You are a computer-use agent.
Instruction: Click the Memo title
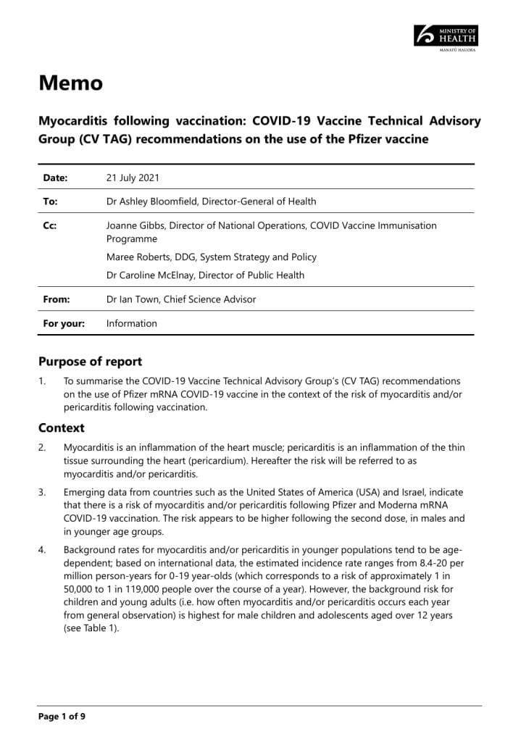70,83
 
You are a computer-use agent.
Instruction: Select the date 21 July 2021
133,178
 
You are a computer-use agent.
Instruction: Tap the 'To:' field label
51,201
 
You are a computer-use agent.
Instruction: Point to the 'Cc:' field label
50,225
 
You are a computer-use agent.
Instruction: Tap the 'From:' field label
56,299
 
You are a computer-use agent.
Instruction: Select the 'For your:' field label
64,323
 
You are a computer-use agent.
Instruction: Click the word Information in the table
131,323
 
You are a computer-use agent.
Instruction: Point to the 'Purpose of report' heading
90,362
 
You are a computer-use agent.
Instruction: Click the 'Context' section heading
62,428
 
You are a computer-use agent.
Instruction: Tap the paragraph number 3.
42,493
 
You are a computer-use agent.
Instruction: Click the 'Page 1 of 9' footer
62,717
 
